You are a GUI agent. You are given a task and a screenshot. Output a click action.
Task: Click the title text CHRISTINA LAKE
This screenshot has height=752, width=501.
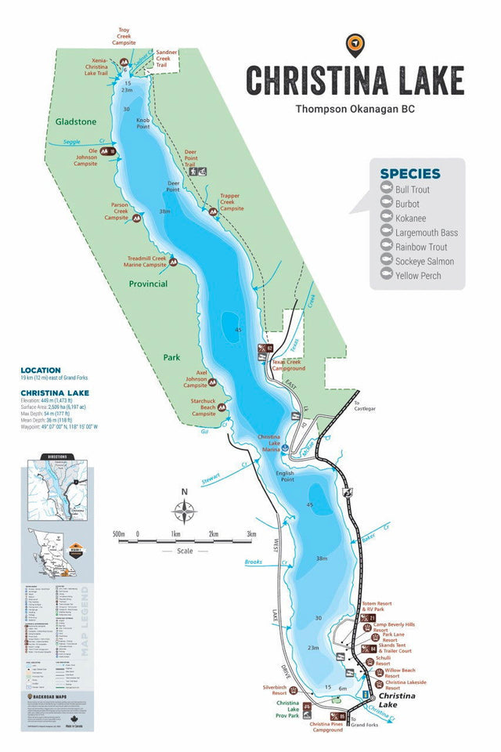355,80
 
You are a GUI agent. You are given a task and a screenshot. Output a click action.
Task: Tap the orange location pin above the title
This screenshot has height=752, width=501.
355,45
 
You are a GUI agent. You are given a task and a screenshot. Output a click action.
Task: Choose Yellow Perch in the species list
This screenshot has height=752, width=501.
418,276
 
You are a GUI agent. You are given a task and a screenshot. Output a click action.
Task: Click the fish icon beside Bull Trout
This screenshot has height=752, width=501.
385,190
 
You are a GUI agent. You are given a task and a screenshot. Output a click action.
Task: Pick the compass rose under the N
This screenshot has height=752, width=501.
185,512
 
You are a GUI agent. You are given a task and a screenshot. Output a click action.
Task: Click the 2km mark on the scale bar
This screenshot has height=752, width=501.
213,535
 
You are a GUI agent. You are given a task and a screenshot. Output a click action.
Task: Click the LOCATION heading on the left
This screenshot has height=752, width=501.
41,370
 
